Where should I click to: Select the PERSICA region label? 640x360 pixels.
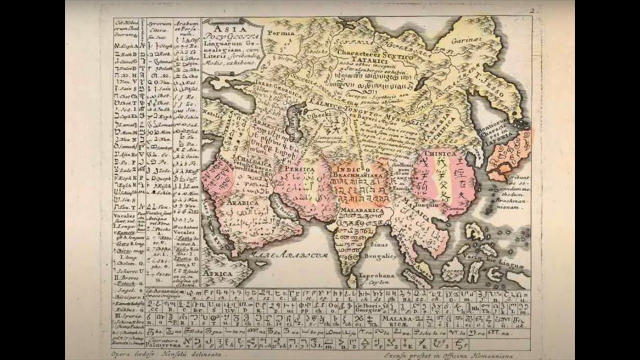click(x=299, y=169)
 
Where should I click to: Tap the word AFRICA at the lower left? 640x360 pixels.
click(x=217, y=274)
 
